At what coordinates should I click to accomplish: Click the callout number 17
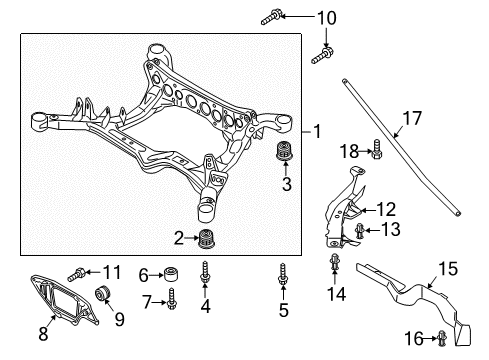[x=412, y=118]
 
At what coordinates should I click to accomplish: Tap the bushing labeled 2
[x=206, y=239]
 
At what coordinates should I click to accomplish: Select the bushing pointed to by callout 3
[x=285, y=151]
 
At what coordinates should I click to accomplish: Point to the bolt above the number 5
[x=283, y=274]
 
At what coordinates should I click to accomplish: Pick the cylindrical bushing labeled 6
[x=171, y=273]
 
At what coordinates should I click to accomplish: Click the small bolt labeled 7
[x=172, y=298]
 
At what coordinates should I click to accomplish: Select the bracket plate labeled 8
[x=63, y=298]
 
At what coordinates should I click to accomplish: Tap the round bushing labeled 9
[x=102, y=292]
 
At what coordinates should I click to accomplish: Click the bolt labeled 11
[x=77, y=274]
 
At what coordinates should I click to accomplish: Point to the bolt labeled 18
[x=376, y=149]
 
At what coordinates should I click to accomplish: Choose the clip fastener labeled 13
[x=360, y=231]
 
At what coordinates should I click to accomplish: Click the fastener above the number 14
[x=334, y=262]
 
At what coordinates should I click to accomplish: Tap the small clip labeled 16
[x=442, y=338]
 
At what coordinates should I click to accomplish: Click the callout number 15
[x=448, y=268]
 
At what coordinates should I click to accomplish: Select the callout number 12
[x=386, y=209]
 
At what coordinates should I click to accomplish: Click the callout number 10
[x=326, y=18]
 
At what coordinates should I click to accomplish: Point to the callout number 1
[x=317, y=131]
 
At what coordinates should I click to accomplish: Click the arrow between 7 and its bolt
[x=159, y=302]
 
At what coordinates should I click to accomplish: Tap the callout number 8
[x=43, y=333]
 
